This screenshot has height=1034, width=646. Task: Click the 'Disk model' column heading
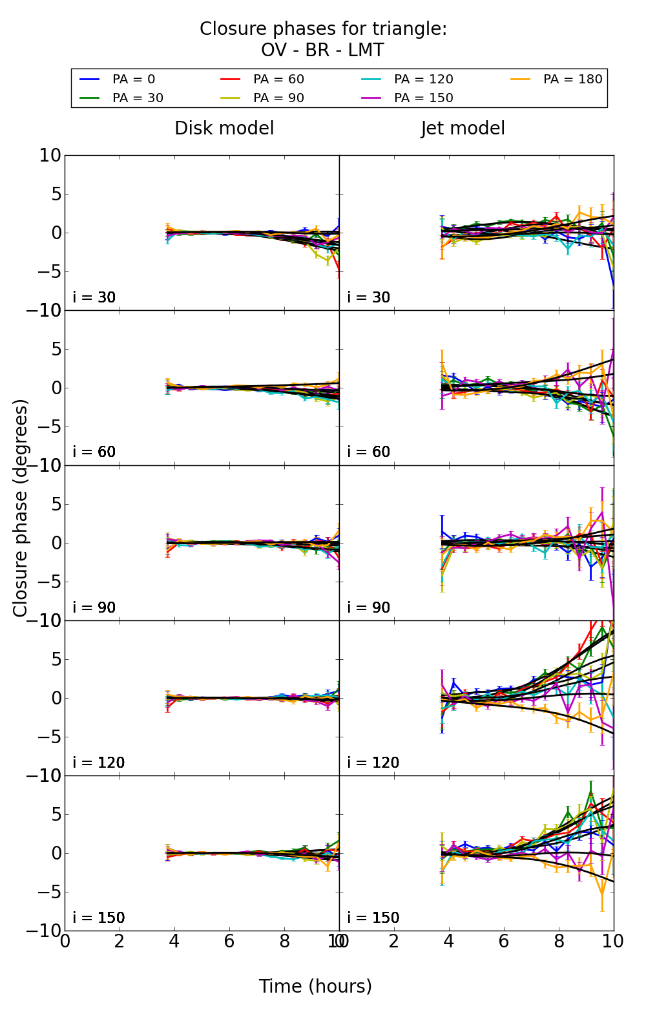[224, 128]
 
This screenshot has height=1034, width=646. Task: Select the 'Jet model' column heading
[463, 128]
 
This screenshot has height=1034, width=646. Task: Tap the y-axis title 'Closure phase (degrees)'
[21, 508]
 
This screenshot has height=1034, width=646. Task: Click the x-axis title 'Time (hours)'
[315, 986]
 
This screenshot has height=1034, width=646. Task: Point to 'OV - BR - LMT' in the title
[322, 50]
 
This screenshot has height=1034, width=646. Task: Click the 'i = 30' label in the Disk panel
[94, 297]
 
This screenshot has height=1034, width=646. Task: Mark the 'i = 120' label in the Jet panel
[373, 763]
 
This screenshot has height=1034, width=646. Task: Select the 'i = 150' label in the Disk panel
[98, 918]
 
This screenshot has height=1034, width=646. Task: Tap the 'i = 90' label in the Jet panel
[369, 607]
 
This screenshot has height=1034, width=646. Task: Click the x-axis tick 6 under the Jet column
[504, 941]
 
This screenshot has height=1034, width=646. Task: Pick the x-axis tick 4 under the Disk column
[174, 941]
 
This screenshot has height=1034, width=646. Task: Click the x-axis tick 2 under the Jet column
[394, 941]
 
